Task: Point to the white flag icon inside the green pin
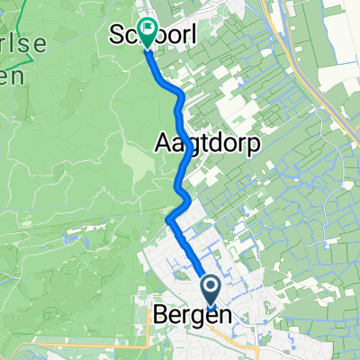point(145,28)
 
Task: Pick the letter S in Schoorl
point(116,37)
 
